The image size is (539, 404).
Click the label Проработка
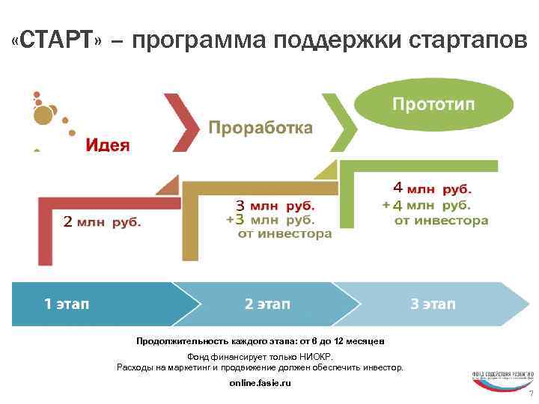coord(260,128)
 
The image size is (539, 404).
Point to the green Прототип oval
coord(433,103)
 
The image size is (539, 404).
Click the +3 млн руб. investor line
coord(270,219)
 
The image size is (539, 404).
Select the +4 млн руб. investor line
coord(426,205)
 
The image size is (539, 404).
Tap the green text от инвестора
coord(441,221)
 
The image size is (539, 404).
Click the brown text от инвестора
coord(284,234)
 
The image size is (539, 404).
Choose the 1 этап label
coord(67,304)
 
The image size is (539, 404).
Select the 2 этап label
coord(267,304)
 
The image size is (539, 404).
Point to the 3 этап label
coord(433,304)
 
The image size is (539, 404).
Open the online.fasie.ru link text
coord(260,383)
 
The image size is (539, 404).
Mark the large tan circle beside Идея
coord(43,114)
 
